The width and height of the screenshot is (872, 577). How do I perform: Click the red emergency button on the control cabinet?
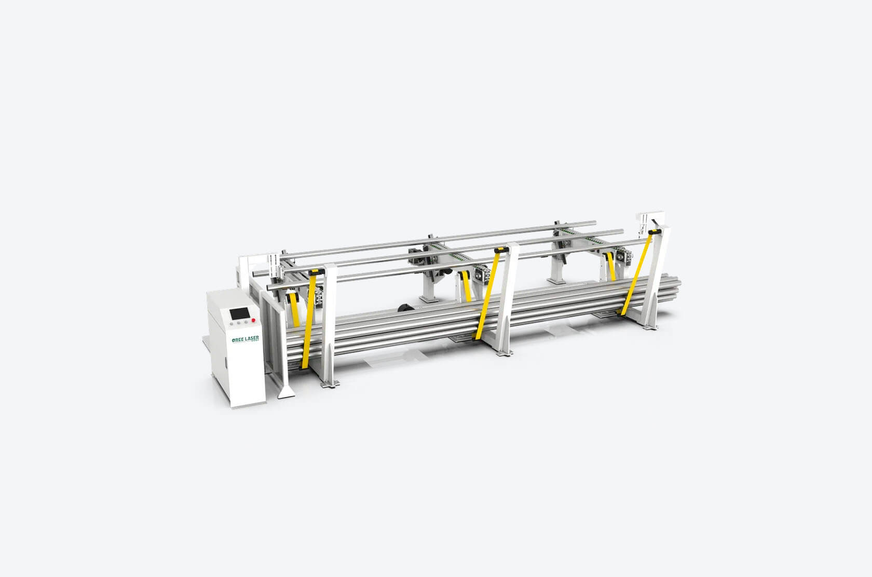pyautogui.click(x=253, y=320)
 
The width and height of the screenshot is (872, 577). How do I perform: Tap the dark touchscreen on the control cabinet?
pyautogui.click(x=239, y=313)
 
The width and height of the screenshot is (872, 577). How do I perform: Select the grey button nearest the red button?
pyautogui.click(x=246, y=321)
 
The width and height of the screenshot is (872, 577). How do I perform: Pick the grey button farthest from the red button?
pyautogui.click(x=232, y=323)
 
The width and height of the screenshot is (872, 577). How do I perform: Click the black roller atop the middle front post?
pyautogui.click(x=501, y=250)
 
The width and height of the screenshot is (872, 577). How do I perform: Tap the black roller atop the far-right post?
pyautogui.click(x=655, y=232)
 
